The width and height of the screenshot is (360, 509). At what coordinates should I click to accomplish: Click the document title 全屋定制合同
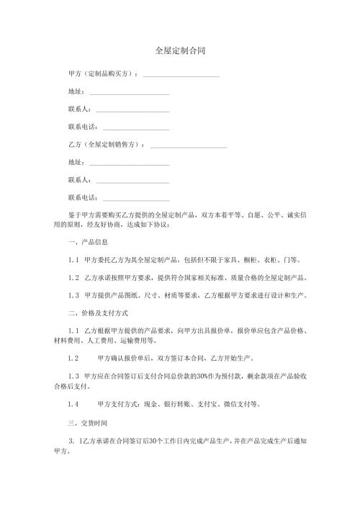click(179, 51)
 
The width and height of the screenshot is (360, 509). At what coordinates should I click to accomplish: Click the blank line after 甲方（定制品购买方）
click(181, 76)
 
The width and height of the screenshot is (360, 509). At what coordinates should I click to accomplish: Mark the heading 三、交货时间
click(87, 420)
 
